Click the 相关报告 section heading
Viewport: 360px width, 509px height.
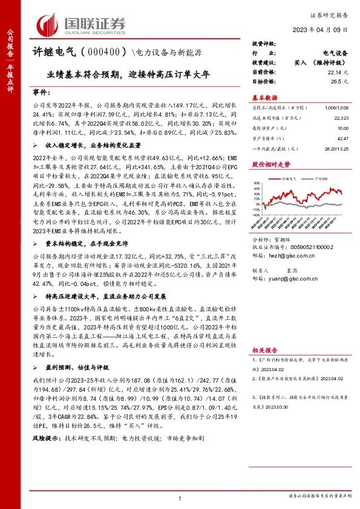(264, 351)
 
